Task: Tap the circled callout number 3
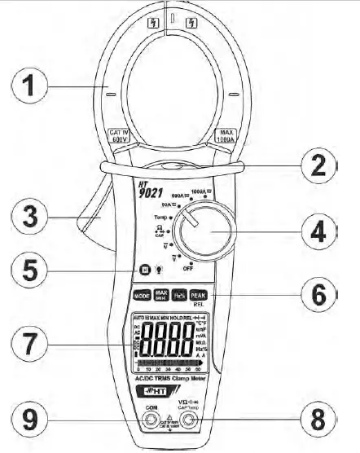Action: click(30, 218)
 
